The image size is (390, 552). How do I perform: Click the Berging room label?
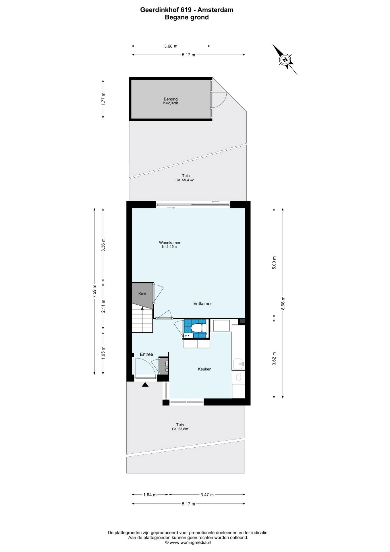(171, 99)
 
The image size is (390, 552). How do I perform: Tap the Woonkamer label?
(170, 243)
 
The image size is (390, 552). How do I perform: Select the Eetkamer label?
(203, 304)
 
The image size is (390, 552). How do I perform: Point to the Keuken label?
(204, 369)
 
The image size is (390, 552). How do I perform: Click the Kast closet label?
(142, 294)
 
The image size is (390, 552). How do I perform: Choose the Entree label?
(146, 354)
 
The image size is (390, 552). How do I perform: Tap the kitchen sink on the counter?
(239, 364)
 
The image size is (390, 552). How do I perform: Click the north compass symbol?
(285, 60)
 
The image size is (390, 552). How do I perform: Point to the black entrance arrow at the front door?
(145, 384)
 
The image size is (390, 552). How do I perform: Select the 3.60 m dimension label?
(171, 46)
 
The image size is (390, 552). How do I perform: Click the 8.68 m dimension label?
(283, 303)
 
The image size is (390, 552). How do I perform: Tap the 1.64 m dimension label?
(150, 495)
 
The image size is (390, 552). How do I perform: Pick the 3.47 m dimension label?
(207, 495)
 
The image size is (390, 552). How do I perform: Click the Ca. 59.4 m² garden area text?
(185, 180)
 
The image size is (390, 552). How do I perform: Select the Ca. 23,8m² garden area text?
(181, 429)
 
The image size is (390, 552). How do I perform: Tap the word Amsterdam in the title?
(216, 10)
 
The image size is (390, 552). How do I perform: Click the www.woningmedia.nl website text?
(190, 543)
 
